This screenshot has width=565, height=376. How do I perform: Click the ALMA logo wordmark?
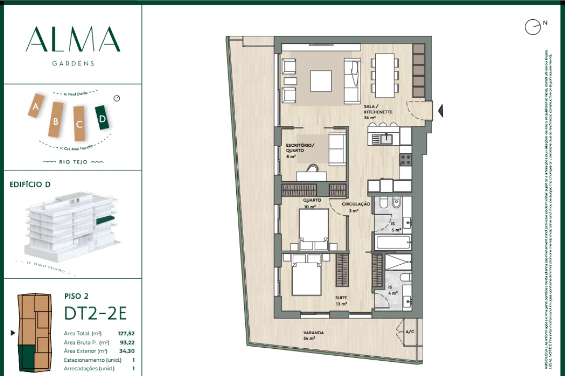[73, 40]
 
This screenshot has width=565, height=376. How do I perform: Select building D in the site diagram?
[102, 118]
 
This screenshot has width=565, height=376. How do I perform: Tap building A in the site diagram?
[36, 106]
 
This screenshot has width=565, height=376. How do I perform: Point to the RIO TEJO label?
[73, 162]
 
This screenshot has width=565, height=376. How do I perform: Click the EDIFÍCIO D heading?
[30, 184]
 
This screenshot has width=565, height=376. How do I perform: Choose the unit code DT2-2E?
[95, 313]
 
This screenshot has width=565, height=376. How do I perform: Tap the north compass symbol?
[533, 27]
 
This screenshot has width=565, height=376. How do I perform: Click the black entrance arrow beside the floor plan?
[441, 111]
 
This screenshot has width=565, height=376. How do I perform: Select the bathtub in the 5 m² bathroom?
[393, 242]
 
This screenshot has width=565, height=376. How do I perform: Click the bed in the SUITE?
[306, 277]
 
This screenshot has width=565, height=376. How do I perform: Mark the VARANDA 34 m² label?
[314, 335]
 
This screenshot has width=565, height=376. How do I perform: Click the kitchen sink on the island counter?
[386, 138]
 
